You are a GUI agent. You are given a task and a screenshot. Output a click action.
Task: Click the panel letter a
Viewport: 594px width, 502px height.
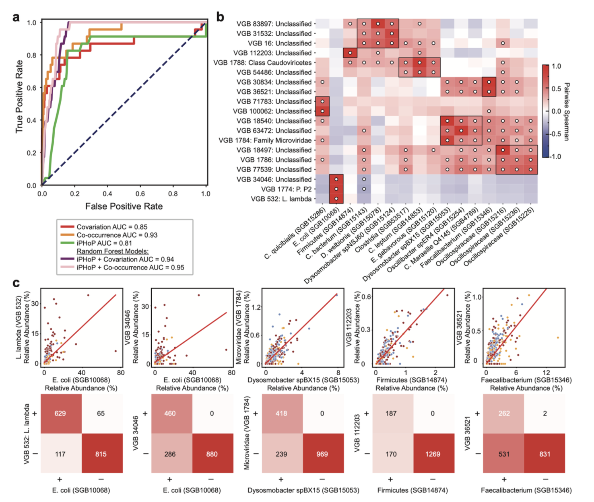click(16, 17)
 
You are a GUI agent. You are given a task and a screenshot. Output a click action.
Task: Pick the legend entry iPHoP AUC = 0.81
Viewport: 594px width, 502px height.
click(104, 243)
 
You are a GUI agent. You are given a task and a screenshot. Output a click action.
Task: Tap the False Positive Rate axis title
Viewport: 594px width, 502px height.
click(124, 206)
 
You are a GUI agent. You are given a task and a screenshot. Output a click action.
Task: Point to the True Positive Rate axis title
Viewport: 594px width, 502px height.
click(19, 97)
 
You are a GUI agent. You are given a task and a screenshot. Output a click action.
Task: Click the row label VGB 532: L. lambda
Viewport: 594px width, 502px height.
click(281, 199)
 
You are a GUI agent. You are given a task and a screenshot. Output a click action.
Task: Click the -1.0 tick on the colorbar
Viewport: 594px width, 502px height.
click(556, 156)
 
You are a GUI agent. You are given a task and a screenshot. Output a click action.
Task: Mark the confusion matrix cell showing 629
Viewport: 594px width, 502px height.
click(60, 414)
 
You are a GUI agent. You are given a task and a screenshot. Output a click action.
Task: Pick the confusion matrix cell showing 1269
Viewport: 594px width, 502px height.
click(433, 454)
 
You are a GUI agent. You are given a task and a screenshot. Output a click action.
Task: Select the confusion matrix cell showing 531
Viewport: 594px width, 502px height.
click(504, 454)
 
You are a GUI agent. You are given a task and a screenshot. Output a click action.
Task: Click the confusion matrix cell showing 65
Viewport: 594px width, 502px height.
click(101, 414)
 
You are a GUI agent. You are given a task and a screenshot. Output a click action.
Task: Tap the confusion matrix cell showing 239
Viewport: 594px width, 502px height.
click(281, 454)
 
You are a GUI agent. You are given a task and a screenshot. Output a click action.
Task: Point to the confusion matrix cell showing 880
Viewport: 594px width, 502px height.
click(212, 454)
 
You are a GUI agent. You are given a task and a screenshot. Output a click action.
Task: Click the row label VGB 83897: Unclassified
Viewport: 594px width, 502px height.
click(274, 24)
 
